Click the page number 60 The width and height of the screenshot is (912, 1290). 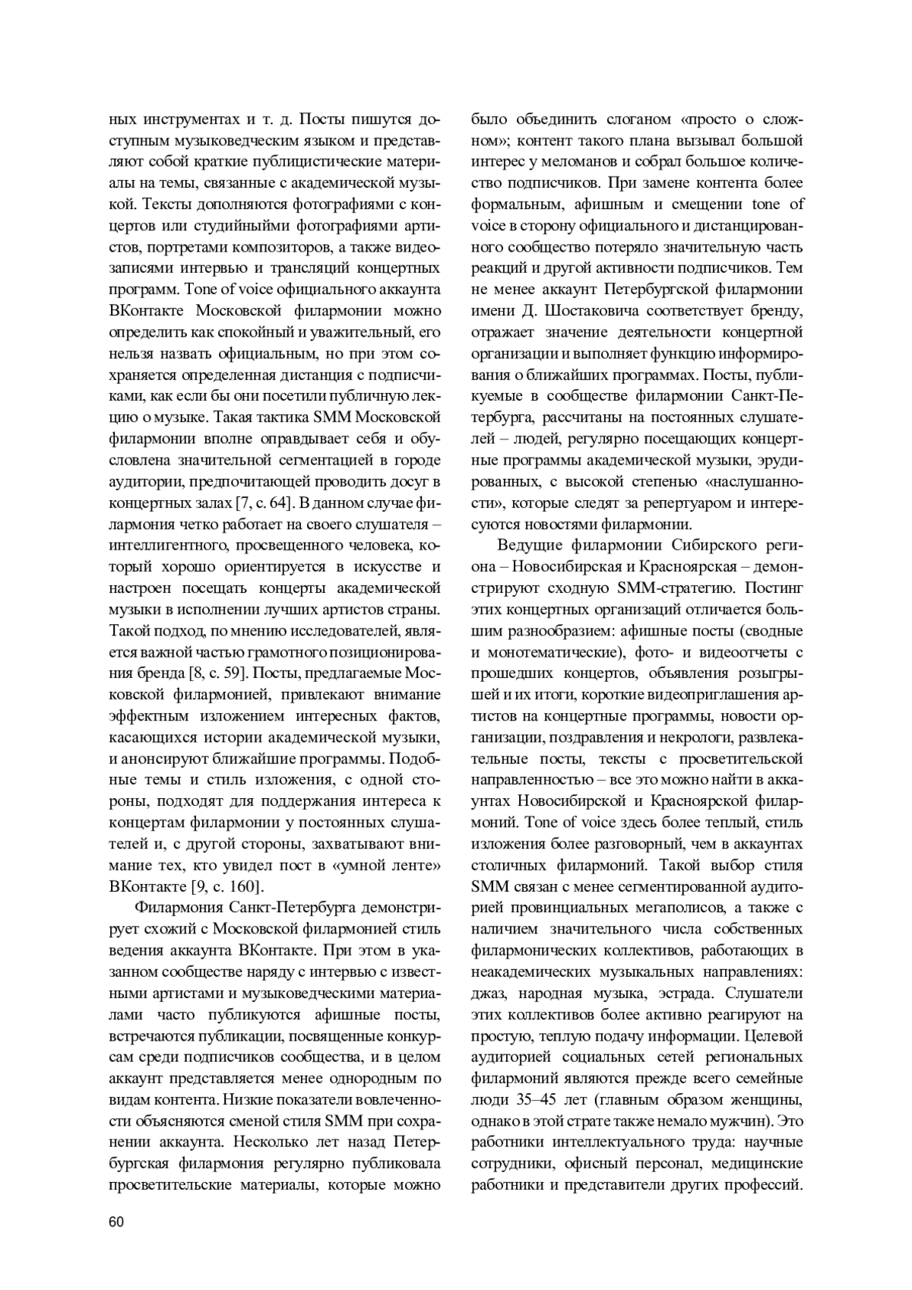pos(116,1222)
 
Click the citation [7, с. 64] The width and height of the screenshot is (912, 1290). pos(255,503)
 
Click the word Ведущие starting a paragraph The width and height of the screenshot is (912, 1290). pos(530,545)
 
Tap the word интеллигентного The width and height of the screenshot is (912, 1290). pos(167,545)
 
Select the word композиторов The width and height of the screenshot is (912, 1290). pos(285,247)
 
